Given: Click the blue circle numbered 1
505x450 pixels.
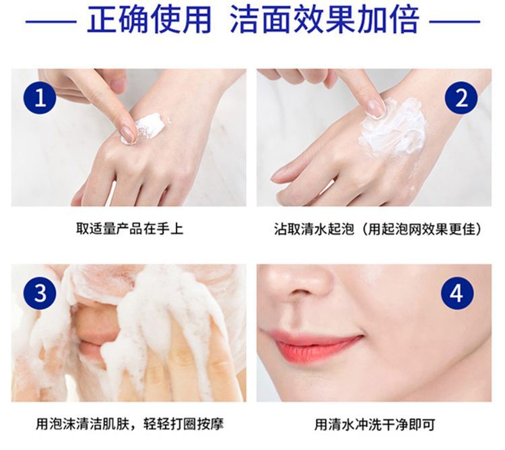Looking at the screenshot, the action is [40, 97].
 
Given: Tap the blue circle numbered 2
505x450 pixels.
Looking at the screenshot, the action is [461, 97].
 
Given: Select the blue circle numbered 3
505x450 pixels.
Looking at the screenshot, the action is [40, 293].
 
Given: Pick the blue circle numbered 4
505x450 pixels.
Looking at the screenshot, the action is [457, 293].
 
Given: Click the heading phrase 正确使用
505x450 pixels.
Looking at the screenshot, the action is [149, 20].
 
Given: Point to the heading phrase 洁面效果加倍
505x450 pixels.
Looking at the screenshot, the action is [325, 20].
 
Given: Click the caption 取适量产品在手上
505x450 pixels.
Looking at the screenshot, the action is [129, 228].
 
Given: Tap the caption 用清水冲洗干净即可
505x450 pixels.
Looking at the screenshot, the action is [375, 424].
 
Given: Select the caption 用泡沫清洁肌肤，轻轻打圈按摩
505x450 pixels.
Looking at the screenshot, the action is [129, 424].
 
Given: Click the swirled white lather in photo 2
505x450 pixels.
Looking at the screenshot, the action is [394, 127].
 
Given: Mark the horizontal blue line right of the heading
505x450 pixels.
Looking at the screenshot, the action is [454, 22].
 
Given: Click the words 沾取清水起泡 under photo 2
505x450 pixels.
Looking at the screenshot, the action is [314, 229].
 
